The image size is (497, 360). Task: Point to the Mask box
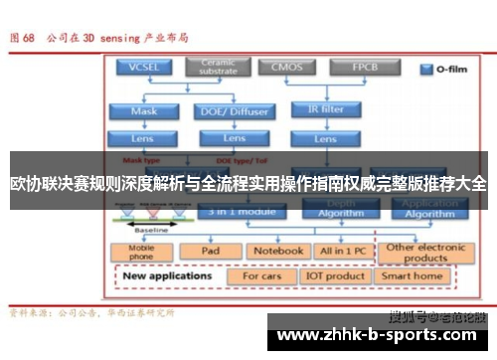pyautogui.click(x=144, y=111)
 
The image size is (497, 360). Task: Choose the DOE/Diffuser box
pyautogui.click(x=235, y=111)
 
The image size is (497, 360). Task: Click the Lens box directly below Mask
pyautogui.click(x=144, y=138)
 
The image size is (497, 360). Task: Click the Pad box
pyautogui.click(x=210, y=251)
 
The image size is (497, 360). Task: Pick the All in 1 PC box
pyautogui.click(x=343, y=251)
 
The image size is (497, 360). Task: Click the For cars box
pyautogui.click(x=262, y=275)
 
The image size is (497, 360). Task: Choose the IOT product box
pyautogui.click(x=334, y=275)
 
